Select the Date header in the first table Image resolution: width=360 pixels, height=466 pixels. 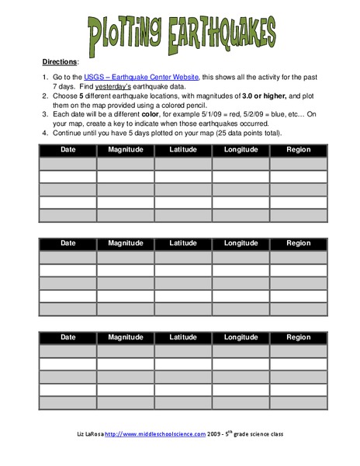[x=68, y=150]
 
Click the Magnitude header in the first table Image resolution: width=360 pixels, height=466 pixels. [x=126, y=150]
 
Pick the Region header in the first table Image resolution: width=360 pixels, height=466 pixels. [x=298, y=150]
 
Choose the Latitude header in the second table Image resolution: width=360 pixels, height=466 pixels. [x=183, y=243]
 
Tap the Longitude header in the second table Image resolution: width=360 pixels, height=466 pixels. [x=241, y=243]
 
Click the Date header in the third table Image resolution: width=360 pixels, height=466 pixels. [x=68, y=337]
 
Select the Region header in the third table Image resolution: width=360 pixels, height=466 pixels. [x=298, y=337]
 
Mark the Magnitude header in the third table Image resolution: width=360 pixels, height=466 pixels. [x=126, y=337]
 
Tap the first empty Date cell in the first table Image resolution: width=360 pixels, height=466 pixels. [x=68, y=164]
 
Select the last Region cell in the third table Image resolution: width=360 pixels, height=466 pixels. [x=298, y=403]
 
